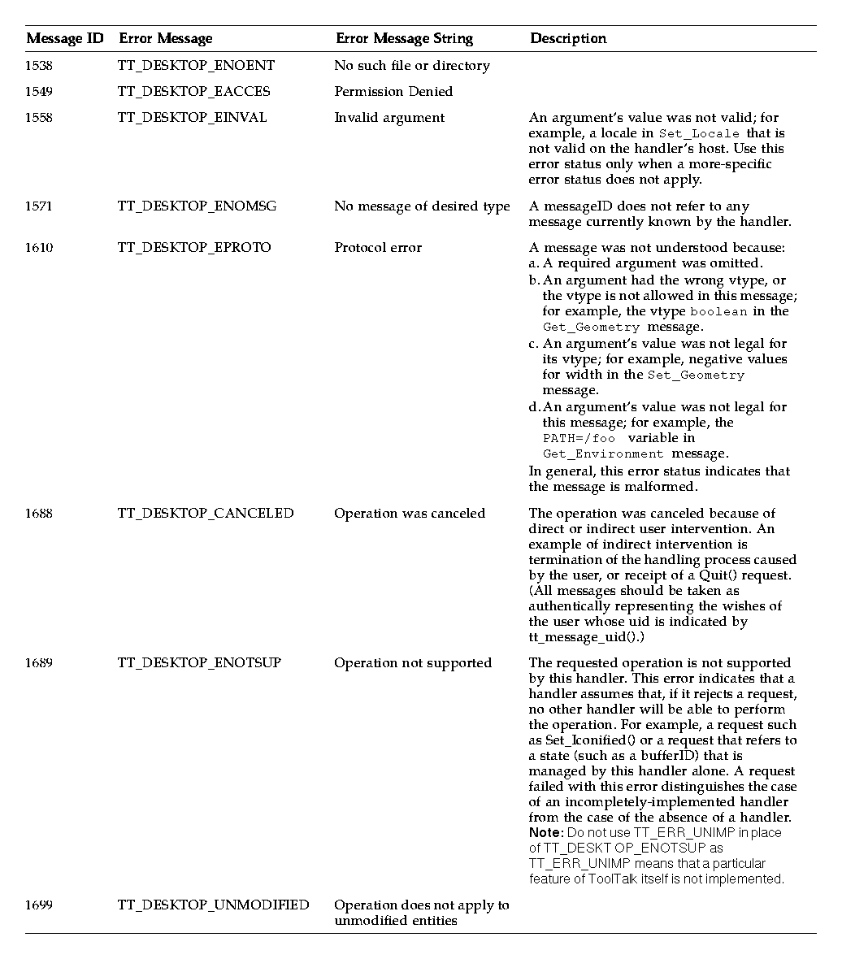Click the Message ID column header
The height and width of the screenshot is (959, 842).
(65, 38)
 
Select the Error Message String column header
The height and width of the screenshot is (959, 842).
(404, 38)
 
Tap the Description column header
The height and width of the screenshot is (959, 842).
(568, 38)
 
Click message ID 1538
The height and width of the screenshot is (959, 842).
(38, 66)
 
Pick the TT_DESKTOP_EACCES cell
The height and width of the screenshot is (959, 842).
(194, 92)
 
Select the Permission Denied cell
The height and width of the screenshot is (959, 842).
(393, 92)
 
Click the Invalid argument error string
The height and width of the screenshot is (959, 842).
(389, 118)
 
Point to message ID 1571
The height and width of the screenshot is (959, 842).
(38, 206)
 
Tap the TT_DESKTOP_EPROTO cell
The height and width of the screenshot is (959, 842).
(194, 248)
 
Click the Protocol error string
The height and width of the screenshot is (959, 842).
(378, 248)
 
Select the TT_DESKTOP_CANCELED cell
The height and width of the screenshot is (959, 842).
(206, 514)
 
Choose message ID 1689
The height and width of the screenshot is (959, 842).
(38, 663)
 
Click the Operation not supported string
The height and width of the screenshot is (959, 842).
(413, 663)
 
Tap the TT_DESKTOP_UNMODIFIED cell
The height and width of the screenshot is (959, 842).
(213, 905)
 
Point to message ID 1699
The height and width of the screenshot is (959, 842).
(38, 905)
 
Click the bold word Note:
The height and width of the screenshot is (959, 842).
(545, 833)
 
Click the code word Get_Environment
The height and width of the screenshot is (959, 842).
(592, 454)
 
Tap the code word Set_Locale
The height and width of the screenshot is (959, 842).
(699, 133)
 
